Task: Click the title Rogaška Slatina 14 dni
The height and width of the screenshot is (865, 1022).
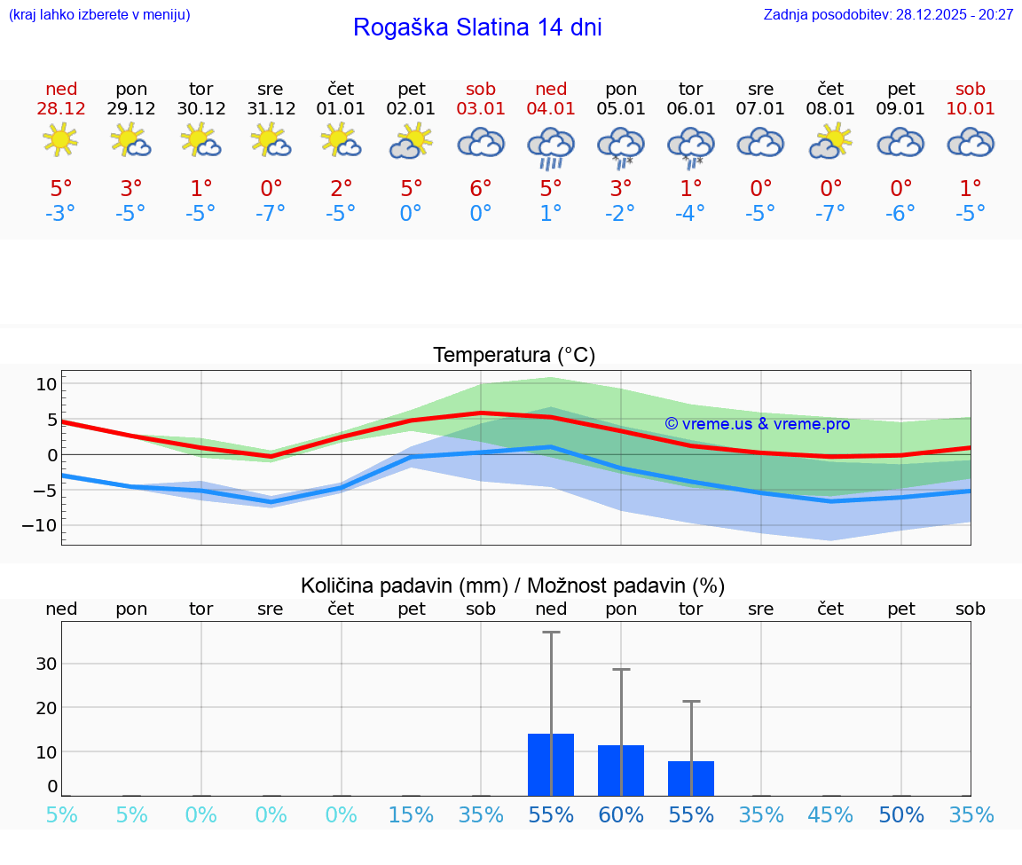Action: point(477,28)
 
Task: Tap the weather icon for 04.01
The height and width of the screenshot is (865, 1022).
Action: point(551,147)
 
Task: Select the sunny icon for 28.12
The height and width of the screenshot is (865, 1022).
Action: point(60,140)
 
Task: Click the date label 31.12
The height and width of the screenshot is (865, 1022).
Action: point(271,109)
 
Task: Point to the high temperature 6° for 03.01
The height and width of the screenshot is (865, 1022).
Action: point(481,188)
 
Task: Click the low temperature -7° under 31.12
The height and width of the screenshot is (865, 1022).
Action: point(271,213)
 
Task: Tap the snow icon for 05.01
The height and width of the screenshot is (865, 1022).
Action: point(621,147)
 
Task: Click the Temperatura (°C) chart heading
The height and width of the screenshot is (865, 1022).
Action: point(514,356)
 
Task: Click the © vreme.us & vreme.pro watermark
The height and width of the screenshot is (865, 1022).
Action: point(757,424)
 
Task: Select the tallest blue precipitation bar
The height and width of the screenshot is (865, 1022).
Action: point(551,765)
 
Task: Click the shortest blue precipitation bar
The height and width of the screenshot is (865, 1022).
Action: point(691,778)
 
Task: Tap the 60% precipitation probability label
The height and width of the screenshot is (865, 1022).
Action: point(621,815)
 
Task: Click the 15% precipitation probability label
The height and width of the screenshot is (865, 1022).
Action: point(411,815)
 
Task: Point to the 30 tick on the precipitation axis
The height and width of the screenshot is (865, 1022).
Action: point(46,664)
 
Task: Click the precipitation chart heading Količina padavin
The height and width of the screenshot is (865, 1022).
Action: point(512,586)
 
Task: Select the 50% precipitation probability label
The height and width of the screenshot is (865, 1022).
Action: point(901,815)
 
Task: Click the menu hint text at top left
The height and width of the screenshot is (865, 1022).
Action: point(99,14)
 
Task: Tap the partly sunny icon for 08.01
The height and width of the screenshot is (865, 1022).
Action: point(830,141)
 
